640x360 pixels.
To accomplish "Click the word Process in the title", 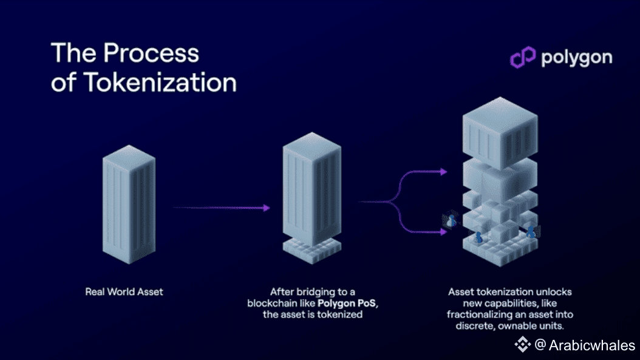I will [x=151, y=53].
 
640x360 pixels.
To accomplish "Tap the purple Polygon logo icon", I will [x=522, y=58].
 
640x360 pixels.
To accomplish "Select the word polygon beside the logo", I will [x=576, y=58].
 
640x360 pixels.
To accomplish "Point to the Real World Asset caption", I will [x=124, y=292].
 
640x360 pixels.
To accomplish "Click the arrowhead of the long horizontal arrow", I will [x=266, y=208].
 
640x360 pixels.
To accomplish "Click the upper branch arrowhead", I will [x=444, y=172].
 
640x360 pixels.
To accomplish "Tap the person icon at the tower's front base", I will [x=478, y=237].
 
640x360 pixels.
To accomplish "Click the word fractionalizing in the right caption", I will [x=481, y=314].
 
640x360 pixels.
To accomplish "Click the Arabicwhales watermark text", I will [x=592, y=345].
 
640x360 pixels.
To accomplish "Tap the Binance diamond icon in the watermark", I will [x=523, y=345].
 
